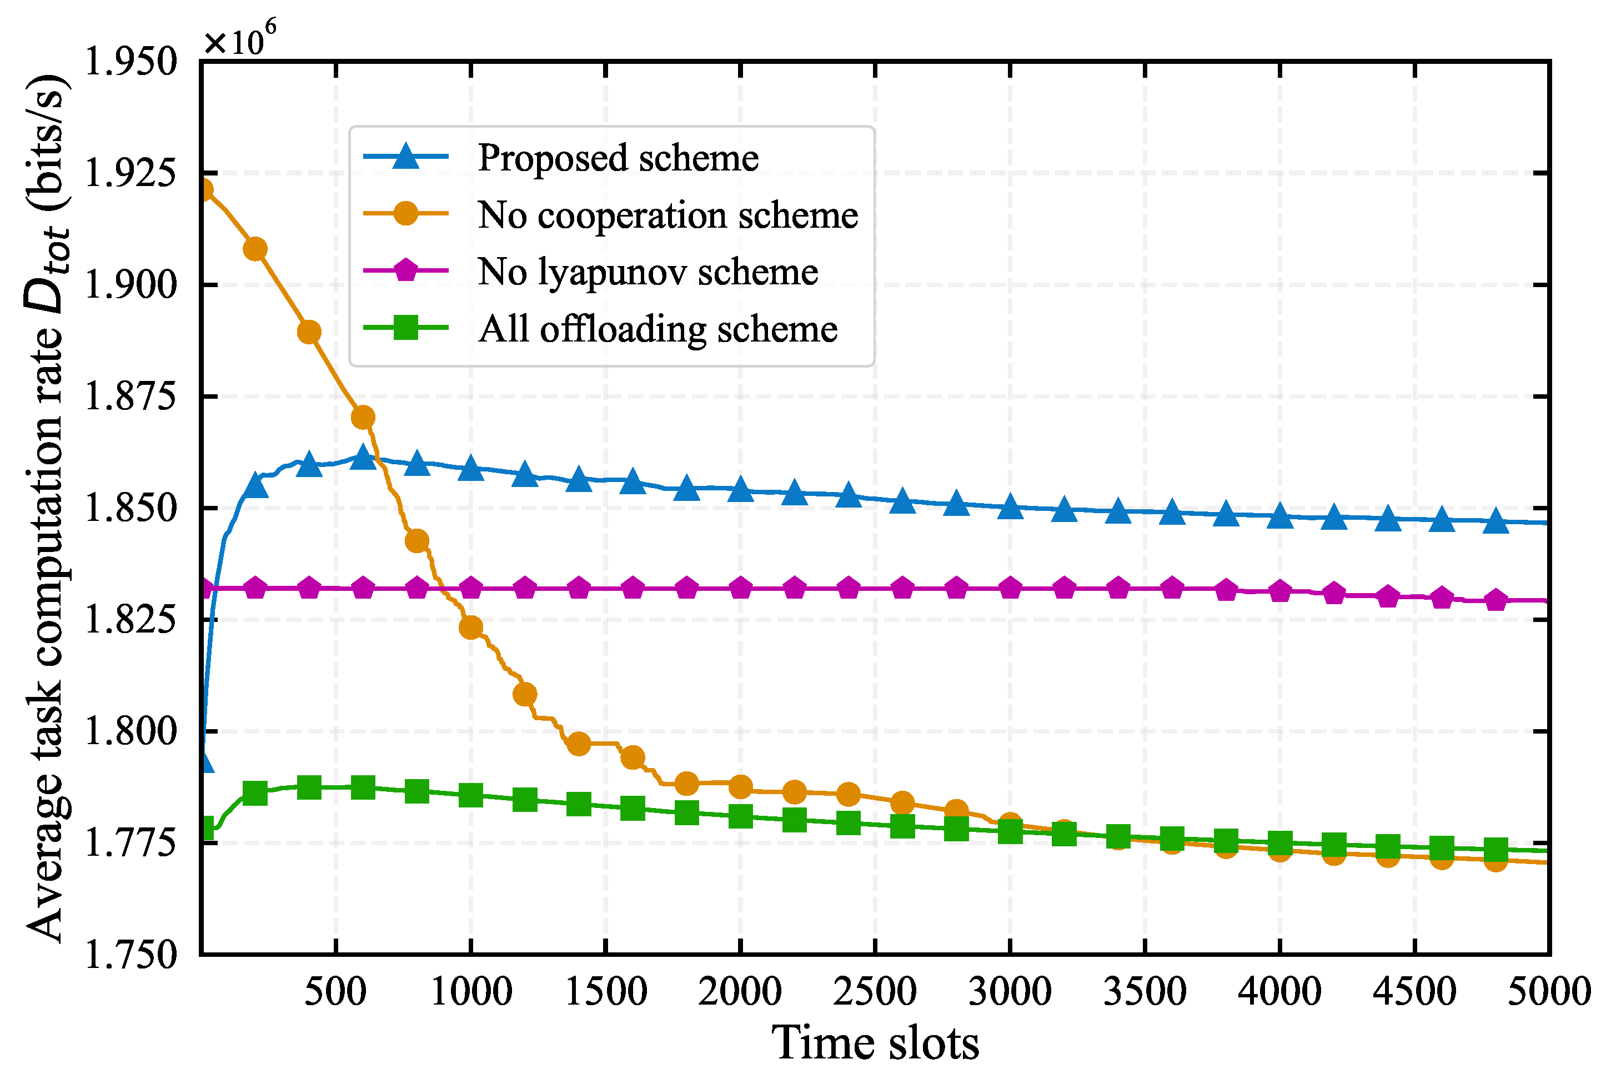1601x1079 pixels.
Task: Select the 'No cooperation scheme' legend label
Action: pos(667,215)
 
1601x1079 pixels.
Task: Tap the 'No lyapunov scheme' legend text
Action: pos(648,271)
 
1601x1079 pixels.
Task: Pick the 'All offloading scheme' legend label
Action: pos(657,328)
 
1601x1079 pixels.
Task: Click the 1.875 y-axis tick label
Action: pos(130,397)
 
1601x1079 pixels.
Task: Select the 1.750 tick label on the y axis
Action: pos(130,955)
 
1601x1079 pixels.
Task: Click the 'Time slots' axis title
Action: pos(875,1042)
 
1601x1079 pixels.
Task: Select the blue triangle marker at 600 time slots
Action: pos(363,457)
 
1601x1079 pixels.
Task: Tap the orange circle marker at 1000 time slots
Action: pos(470,627)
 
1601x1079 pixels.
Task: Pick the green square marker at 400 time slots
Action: pos(309,787)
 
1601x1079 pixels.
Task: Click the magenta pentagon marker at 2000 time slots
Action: pos(740,588)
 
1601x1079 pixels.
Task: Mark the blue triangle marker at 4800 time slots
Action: pos(1495,521)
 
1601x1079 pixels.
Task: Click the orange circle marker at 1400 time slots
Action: pos(579,743)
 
